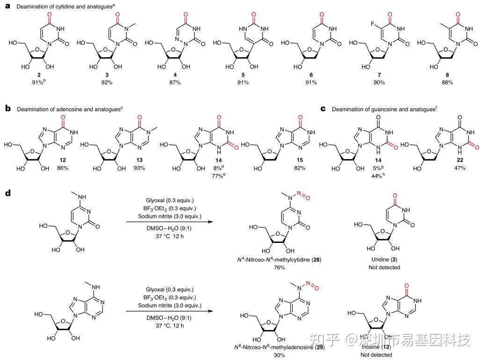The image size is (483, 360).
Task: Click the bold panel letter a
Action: tap(7, 7)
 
